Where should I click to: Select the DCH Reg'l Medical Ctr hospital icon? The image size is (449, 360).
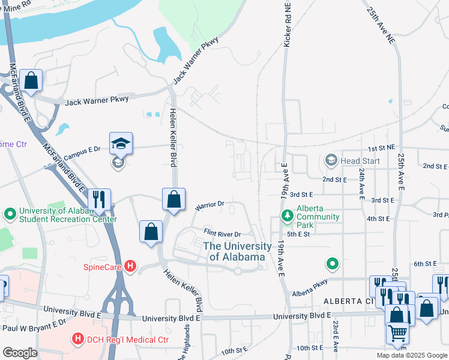coord(77,339)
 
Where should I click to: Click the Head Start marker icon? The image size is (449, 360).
coord(331,160)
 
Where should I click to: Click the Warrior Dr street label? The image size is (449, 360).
coord(209,206)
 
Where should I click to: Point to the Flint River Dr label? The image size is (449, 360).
coord(221,233)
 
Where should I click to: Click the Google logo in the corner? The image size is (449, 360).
coord(20,352)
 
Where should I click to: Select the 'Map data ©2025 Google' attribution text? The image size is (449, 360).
coord(412,355)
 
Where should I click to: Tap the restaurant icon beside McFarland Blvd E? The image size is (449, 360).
coord(97,199)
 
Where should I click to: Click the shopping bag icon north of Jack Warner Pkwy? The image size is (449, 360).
coord(31,80)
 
